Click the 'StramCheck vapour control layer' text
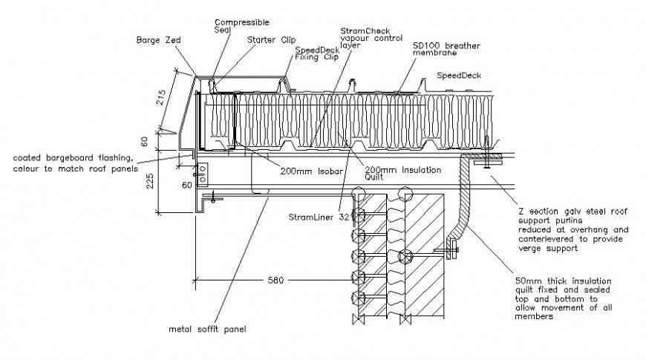pyautogui.click(x=365, y=38)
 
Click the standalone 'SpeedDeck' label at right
pyautogui.click(x=458, y=76)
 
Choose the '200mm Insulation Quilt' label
pyautogui.click(x=402, y=174)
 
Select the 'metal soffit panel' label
pyautogui.click(x=207, y=329)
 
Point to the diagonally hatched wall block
pyautogui.click(x=425, y=252)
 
